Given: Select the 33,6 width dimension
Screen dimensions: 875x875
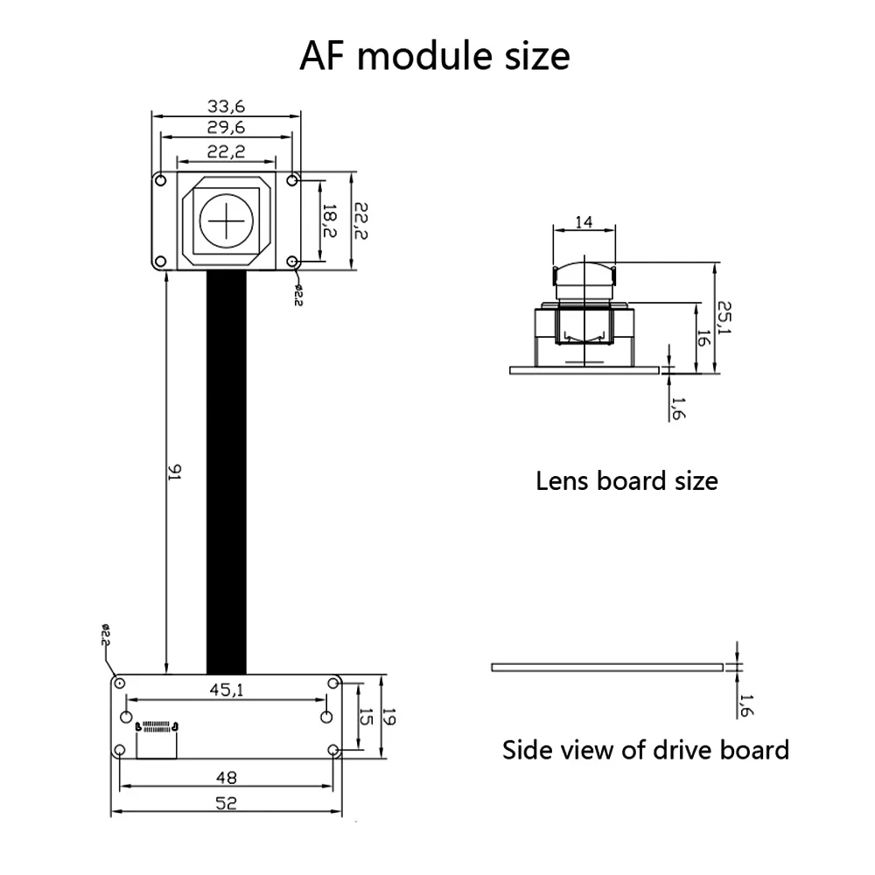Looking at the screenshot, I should point(226,107).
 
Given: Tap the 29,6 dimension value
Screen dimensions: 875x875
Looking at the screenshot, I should point(226,129).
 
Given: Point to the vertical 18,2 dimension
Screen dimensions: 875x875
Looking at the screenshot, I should point(328,221).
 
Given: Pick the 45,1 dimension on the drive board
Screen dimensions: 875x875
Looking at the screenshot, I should point(226,689).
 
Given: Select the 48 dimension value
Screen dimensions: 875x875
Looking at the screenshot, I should point(226,776).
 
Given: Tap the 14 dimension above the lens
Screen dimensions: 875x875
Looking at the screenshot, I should point(584,221).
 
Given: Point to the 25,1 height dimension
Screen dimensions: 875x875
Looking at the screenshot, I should point(724,318).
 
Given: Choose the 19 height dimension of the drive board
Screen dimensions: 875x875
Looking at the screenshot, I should point(391,717).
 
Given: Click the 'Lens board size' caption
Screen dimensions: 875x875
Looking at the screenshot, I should point(626,480).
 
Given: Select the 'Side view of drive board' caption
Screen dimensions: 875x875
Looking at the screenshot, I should point(645,750).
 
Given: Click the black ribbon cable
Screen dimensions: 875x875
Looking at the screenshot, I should point(227,472).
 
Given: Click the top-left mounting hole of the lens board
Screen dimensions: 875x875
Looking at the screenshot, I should point(160,180).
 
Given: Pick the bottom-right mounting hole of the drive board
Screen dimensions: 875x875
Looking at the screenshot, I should point(332,750).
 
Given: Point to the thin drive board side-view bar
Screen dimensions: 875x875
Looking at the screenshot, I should point(607,667).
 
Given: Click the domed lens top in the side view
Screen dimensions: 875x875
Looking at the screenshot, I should point(584,267).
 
